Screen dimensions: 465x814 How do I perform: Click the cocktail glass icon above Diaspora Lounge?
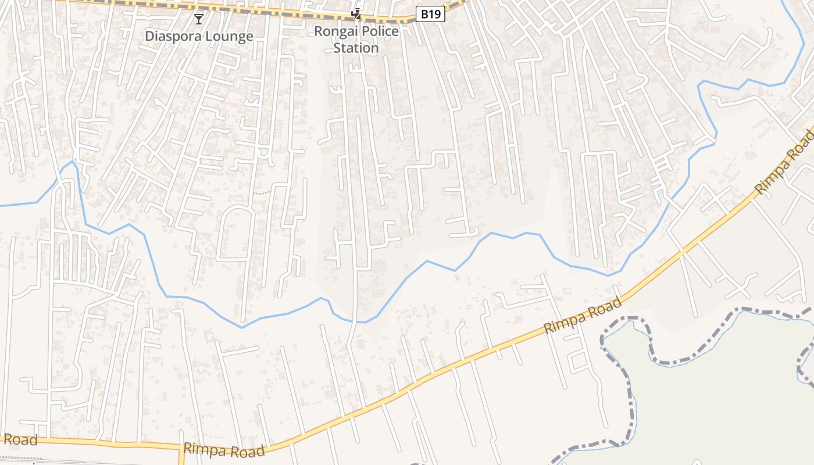(199, 19)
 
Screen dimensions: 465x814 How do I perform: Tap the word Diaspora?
(173, 36)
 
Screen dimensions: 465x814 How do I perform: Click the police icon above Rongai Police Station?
(356, 14)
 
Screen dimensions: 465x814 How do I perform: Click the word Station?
(356, 48)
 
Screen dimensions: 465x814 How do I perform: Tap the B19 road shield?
(430, 14)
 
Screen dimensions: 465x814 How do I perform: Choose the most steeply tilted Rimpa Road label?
(785, 163)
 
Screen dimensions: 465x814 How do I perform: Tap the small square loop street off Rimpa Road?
(579, 362)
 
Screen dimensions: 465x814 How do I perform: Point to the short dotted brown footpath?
(262, 192)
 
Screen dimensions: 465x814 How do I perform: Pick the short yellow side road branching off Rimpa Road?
(181, 456)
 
